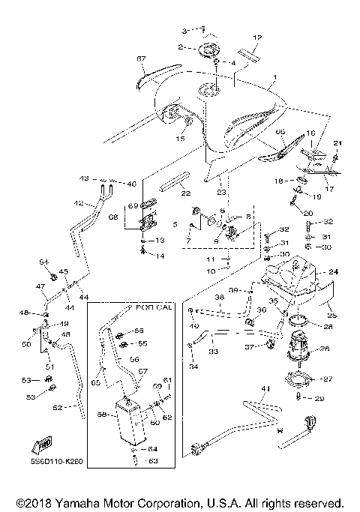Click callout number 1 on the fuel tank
point(274,78)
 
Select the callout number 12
point(256,37)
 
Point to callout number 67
point(140,58)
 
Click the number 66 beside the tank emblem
point(281,132)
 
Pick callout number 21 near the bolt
point(337,143)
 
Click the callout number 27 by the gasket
point(328,379)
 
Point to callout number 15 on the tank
point(180,139)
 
